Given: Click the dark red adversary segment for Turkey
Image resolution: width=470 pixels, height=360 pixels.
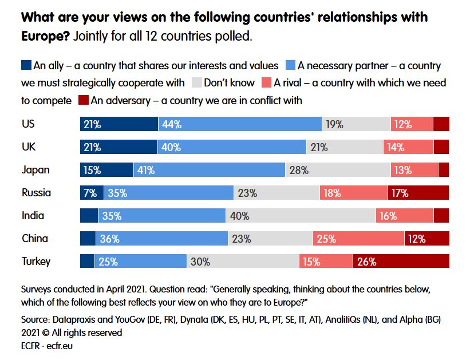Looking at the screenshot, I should click(x=401, y=262).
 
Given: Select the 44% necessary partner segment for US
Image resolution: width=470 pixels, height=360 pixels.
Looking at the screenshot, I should click(x=240, y=124).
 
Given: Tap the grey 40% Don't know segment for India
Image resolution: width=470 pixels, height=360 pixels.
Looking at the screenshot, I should click(x=301, y=216).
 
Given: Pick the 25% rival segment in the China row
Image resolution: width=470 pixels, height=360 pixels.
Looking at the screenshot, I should click(x=358, y=239).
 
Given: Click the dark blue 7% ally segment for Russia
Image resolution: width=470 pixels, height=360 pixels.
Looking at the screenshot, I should click(x=92, y=193).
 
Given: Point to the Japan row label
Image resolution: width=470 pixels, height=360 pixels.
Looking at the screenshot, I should click(x=35, y=170).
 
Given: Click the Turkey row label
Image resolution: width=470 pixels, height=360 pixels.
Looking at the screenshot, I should click(x=36, y=262).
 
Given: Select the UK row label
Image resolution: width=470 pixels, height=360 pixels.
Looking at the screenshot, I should click(x=29, y=147).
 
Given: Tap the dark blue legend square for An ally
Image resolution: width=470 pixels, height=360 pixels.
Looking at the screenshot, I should click(x=26, y=65).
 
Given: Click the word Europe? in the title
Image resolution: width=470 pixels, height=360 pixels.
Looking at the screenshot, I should click(x=45, y=37).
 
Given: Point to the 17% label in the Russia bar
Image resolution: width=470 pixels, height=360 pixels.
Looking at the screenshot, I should click(x=400, y=193).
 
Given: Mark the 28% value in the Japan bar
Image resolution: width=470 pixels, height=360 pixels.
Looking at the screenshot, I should click(x=299, y=170).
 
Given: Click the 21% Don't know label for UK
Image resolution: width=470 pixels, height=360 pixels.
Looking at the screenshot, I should click(x=319, y=147).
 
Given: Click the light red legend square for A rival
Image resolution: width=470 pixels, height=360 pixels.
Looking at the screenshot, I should click(x=266, y=83).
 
